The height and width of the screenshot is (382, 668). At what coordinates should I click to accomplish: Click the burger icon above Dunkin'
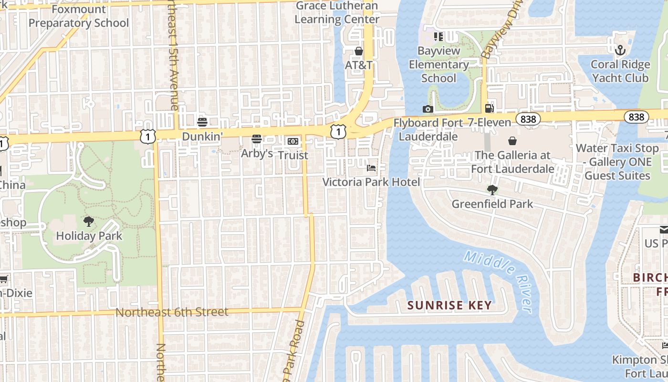pos(202,122)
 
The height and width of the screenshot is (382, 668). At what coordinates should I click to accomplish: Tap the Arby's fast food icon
pos(257,139)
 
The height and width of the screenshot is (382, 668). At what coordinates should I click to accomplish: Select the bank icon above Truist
pos(293,141)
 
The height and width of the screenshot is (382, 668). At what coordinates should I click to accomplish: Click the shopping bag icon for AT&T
pos(359,51)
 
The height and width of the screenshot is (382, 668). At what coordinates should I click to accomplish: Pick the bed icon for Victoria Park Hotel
pos(371,168)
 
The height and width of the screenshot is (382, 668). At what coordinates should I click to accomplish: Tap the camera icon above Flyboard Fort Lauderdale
pos(428,109)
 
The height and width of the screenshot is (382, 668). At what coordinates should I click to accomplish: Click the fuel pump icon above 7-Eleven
pos(489,108)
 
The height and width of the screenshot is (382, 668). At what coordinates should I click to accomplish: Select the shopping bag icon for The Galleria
pos(512,141)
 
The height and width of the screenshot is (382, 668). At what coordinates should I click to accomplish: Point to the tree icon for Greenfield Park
pos(492,190)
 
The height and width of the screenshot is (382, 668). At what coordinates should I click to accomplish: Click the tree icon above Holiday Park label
pos(88,221)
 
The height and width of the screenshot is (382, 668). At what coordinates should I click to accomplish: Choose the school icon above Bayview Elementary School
pos(438,37)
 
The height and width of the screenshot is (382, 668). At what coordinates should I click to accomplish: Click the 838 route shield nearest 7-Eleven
pos(528,119)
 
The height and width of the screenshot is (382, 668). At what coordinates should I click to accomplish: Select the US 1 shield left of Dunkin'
pos(148,136)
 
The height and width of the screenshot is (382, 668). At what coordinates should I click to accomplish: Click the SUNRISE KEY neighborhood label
pos(450,305)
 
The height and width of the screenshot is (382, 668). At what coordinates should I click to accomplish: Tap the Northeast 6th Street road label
pos(172,312)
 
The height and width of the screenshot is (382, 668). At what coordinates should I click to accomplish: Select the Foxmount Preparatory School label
pos(79,16)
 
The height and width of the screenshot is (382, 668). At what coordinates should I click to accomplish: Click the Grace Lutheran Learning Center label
pos(337,13)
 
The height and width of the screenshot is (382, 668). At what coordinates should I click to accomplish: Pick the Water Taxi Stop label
pos(617,162)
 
